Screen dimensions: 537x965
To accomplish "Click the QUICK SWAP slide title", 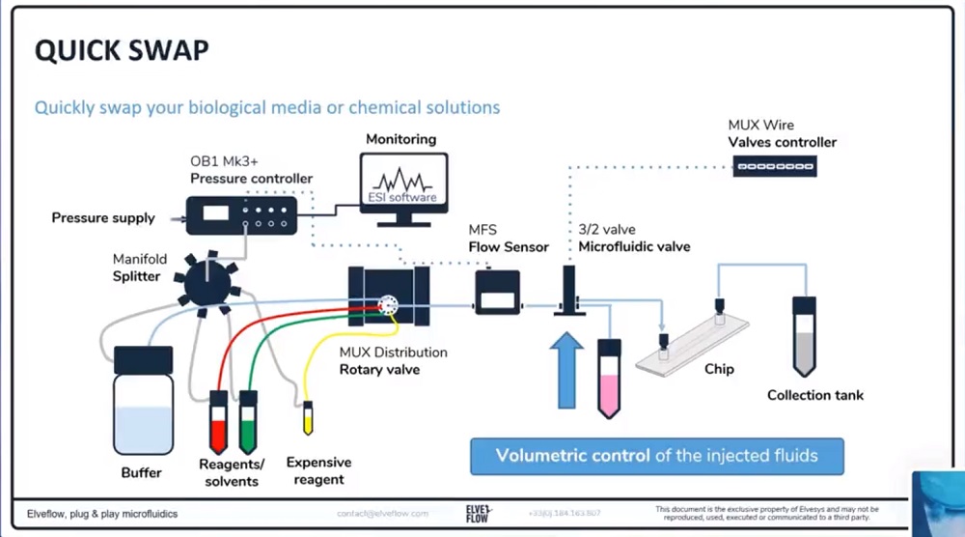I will (122, 51).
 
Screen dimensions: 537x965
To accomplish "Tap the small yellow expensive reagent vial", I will (308, 418).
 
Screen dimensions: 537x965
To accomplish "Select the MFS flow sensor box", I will (497, 291).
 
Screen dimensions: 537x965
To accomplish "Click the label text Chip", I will (719, 369).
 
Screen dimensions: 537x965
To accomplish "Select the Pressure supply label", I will (102, 218).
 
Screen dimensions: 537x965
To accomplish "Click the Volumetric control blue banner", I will (656, 456).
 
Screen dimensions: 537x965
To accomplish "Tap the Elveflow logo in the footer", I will (478, 511).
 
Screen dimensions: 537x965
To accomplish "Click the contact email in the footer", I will (383, 513).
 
